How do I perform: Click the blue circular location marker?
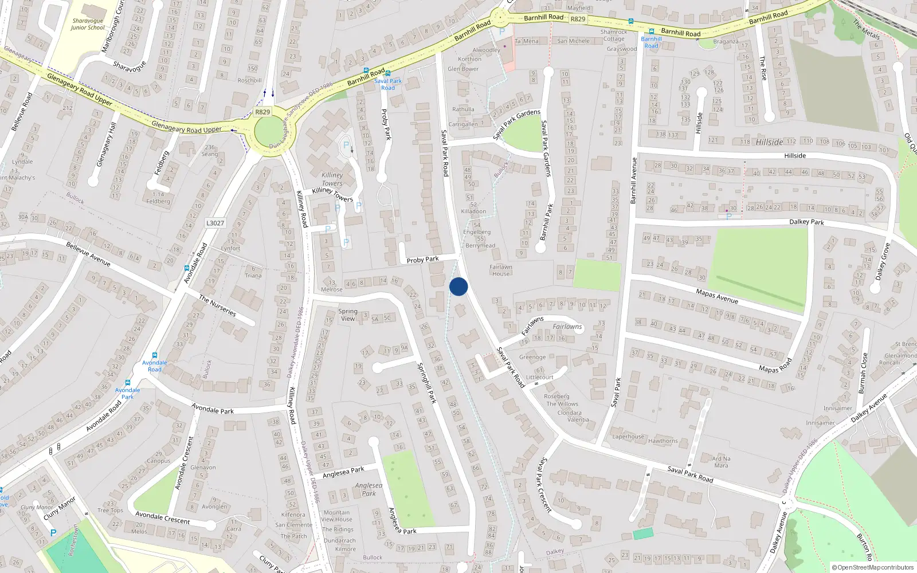[458, 286]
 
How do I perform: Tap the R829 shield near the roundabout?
[262, 112]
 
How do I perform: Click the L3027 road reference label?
[215, 223]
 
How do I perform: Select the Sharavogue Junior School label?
[88, 24]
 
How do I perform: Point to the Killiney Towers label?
[332, 179]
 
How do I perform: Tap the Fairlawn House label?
[501, 270]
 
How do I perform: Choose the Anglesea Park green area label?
[369, 489]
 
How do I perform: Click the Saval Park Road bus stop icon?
[388, 73]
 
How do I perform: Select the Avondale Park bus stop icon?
[128, 383]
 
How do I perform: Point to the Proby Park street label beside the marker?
[422, 260]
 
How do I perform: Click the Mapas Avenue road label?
[716, 296]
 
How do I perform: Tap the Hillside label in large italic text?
[769, 142]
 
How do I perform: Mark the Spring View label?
[348, 315]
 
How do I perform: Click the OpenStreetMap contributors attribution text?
[873, 568]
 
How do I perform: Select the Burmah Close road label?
[863, 372]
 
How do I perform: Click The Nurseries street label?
[217, 305]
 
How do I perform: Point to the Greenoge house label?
[532, 357]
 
